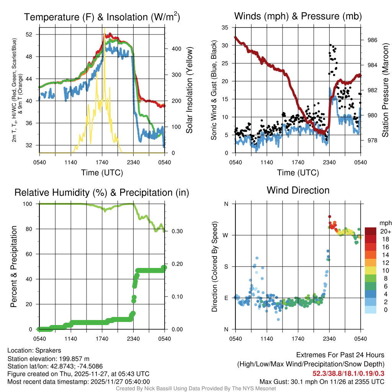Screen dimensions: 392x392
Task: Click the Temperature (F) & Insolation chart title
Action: [x=102, y=17]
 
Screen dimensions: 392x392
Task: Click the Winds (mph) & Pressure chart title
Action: [x=298, y=16]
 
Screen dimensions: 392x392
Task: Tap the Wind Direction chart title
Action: [x=298, y=190]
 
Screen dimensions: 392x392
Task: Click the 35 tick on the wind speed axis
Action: [x=225, y=28]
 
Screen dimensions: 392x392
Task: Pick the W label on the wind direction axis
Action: [x=226, y=235]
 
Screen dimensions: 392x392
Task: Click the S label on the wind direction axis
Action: [x=226, y=266]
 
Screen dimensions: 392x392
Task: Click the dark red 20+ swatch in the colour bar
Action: [x=371, y=231]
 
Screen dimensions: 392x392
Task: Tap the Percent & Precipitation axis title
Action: [x=14, y=266]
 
